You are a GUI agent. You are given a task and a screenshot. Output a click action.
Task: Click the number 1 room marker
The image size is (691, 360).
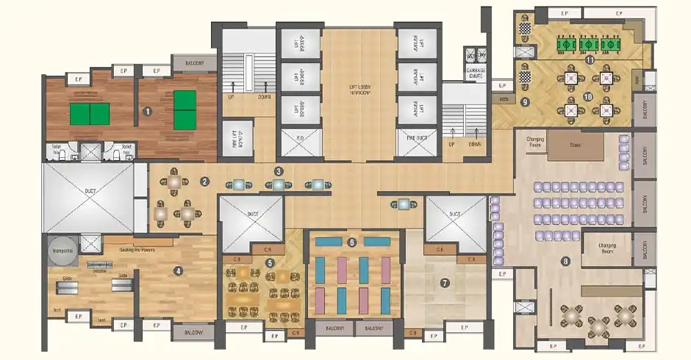(x=147, y=112)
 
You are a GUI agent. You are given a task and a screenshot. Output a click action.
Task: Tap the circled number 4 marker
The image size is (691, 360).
(x=177, y=270)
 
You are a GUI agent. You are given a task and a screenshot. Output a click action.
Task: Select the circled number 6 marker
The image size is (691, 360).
(x=351, y=242)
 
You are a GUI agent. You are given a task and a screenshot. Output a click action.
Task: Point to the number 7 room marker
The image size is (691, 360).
(x=444, y=282)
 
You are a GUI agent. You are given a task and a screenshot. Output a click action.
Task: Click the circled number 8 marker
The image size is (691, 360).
(x=565, y=260)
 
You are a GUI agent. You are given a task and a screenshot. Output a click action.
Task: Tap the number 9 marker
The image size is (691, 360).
(x=525, y=101)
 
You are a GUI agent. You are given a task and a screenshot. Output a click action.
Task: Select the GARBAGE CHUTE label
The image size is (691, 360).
(x=476, y=74)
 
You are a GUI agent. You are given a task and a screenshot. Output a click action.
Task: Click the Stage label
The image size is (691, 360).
(x=575, y=145)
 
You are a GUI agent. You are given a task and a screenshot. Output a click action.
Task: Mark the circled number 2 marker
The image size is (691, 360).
(x=206, y=181)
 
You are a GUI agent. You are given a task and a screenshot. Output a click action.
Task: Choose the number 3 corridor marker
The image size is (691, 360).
(x=278, y=171)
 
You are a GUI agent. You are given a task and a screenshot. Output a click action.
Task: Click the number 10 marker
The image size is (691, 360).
(x=587, y=96)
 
